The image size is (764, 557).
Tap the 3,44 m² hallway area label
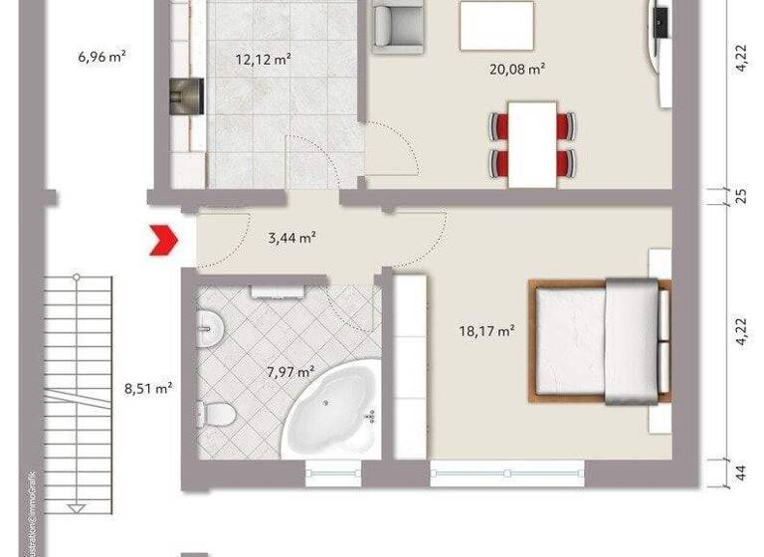[292, 238]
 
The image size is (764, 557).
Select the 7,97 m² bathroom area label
[290, 372]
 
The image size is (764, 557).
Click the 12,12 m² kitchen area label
[263, 60]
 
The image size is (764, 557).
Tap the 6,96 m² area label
[101, 57]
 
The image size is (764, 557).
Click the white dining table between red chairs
[531, 145]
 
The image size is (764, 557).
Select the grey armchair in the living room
[396, 25]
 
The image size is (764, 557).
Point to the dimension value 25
[740, 196]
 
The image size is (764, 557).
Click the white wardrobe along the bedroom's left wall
[411, 368]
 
